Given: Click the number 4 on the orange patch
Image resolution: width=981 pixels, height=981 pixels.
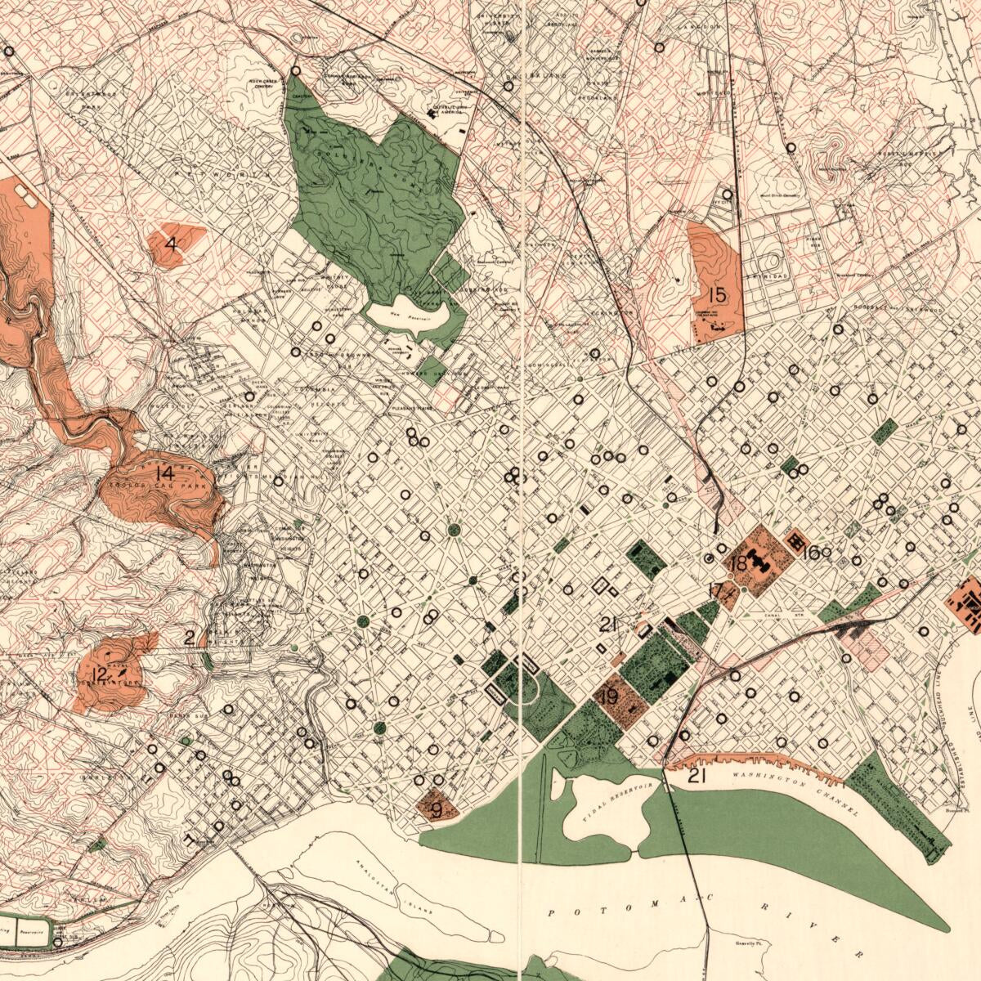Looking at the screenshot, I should (171, 244).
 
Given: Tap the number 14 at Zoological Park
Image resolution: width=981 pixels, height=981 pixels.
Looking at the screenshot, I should (164, 473).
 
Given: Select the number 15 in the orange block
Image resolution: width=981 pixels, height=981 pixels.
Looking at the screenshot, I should (717, 295).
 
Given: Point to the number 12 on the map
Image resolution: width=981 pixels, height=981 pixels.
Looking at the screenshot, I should (100, 674).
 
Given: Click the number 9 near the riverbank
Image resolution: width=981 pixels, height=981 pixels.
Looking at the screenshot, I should (436, 810).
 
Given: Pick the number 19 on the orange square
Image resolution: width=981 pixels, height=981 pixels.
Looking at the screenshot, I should (608, 697).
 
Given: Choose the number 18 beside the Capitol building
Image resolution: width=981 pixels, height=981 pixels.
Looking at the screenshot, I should (739, 563).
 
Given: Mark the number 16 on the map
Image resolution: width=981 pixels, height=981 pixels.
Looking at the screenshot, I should (811, 553).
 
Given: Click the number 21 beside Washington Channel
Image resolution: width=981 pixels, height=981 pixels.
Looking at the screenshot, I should (697, 776).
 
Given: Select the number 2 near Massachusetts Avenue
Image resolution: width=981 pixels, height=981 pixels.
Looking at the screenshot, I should (190, 638).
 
